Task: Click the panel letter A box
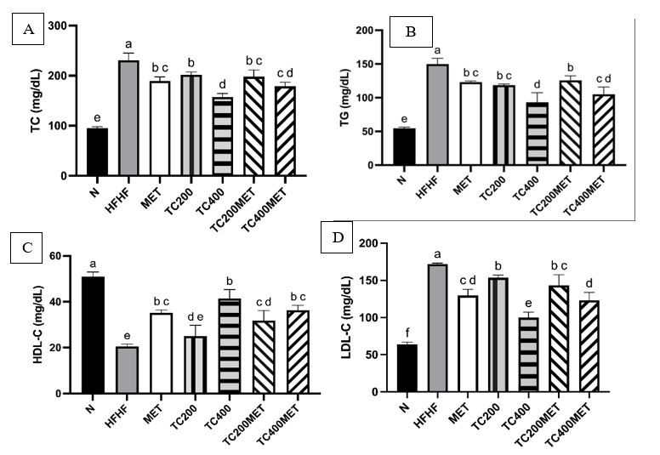[29, 30]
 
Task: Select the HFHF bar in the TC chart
[128, 118]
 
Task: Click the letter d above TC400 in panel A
[223, 84]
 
